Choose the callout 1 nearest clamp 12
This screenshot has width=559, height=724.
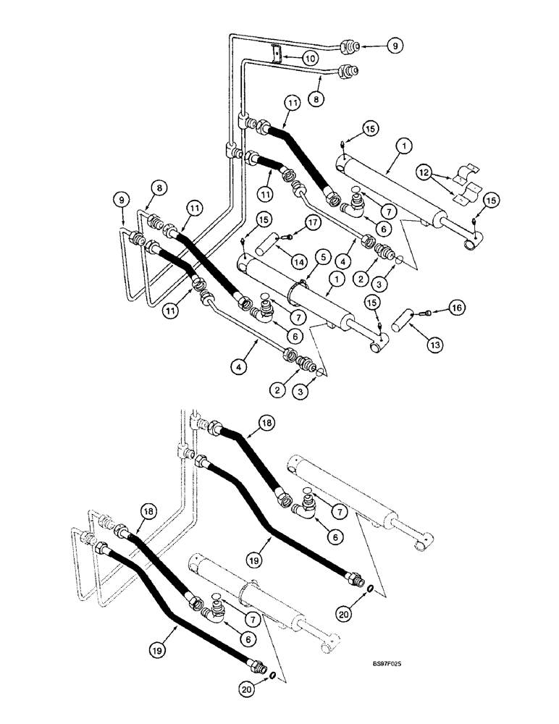[x=405, y=146]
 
